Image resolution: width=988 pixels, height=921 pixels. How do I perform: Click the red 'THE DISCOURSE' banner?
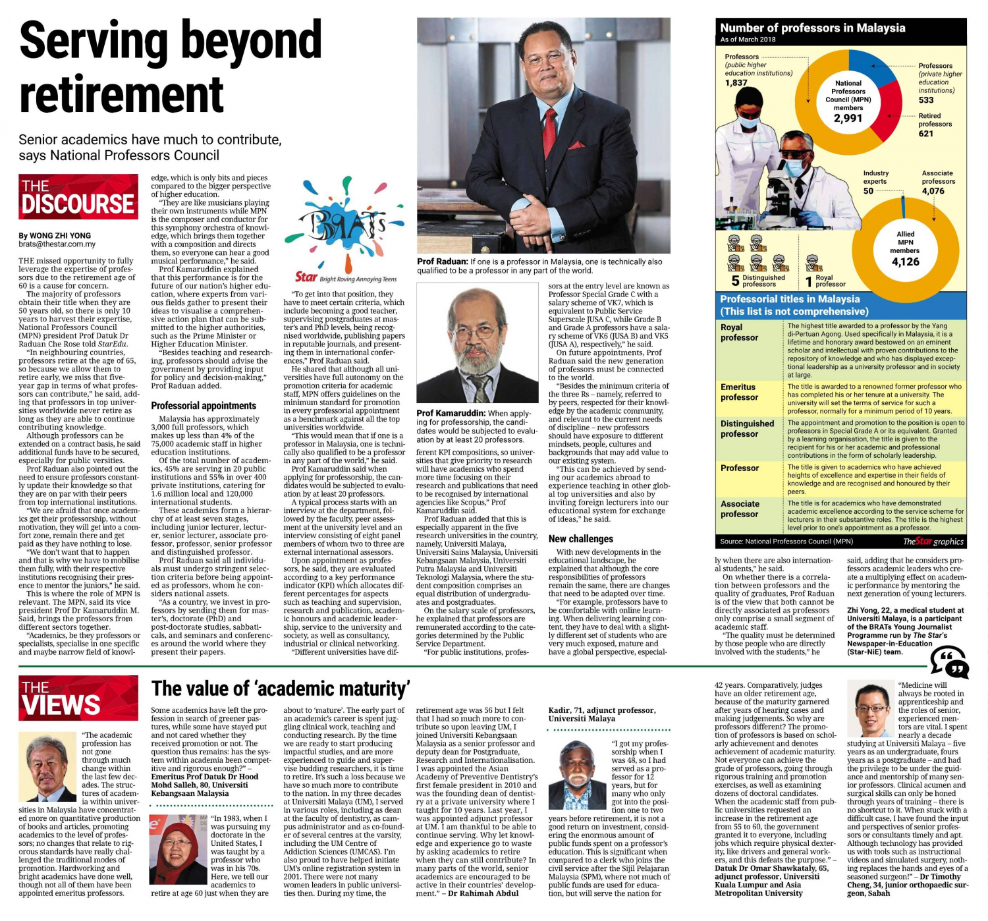[x=78, y=196]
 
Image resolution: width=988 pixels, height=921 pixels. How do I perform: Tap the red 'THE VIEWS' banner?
[x=78, y=698]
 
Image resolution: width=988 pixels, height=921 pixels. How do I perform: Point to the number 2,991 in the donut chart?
[x=848, y=119]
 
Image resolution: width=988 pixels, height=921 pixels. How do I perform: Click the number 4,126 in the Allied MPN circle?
[x=904, y=262]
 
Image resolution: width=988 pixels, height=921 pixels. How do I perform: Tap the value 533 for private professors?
[x=926, y=100]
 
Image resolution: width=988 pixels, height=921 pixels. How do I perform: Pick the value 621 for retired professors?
[x=926, y=134]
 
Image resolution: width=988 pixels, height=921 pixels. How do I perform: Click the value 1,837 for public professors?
[x=736, y=83]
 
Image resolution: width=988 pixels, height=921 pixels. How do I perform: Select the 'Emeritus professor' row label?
[x=740, y=392]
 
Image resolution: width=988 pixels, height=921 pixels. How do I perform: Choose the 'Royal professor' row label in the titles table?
[x=739, y=333]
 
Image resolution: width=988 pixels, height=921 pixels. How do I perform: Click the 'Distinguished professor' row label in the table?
[x=747, y=429]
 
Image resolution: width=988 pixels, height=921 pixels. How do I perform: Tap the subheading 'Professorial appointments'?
[x=204, y=406]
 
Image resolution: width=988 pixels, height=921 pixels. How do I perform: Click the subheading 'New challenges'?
[x=581, y=539]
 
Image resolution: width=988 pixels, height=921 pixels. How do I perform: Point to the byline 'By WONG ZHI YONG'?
[x=55, y=235]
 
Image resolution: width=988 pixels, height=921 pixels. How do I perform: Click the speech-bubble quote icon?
[x=949, y=661]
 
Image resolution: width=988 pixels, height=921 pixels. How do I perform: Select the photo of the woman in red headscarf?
[x=177, y=849]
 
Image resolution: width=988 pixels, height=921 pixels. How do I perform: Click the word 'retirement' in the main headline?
[x=122, y=94]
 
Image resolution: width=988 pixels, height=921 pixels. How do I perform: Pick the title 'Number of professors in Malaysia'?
[x=812, y=28]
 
